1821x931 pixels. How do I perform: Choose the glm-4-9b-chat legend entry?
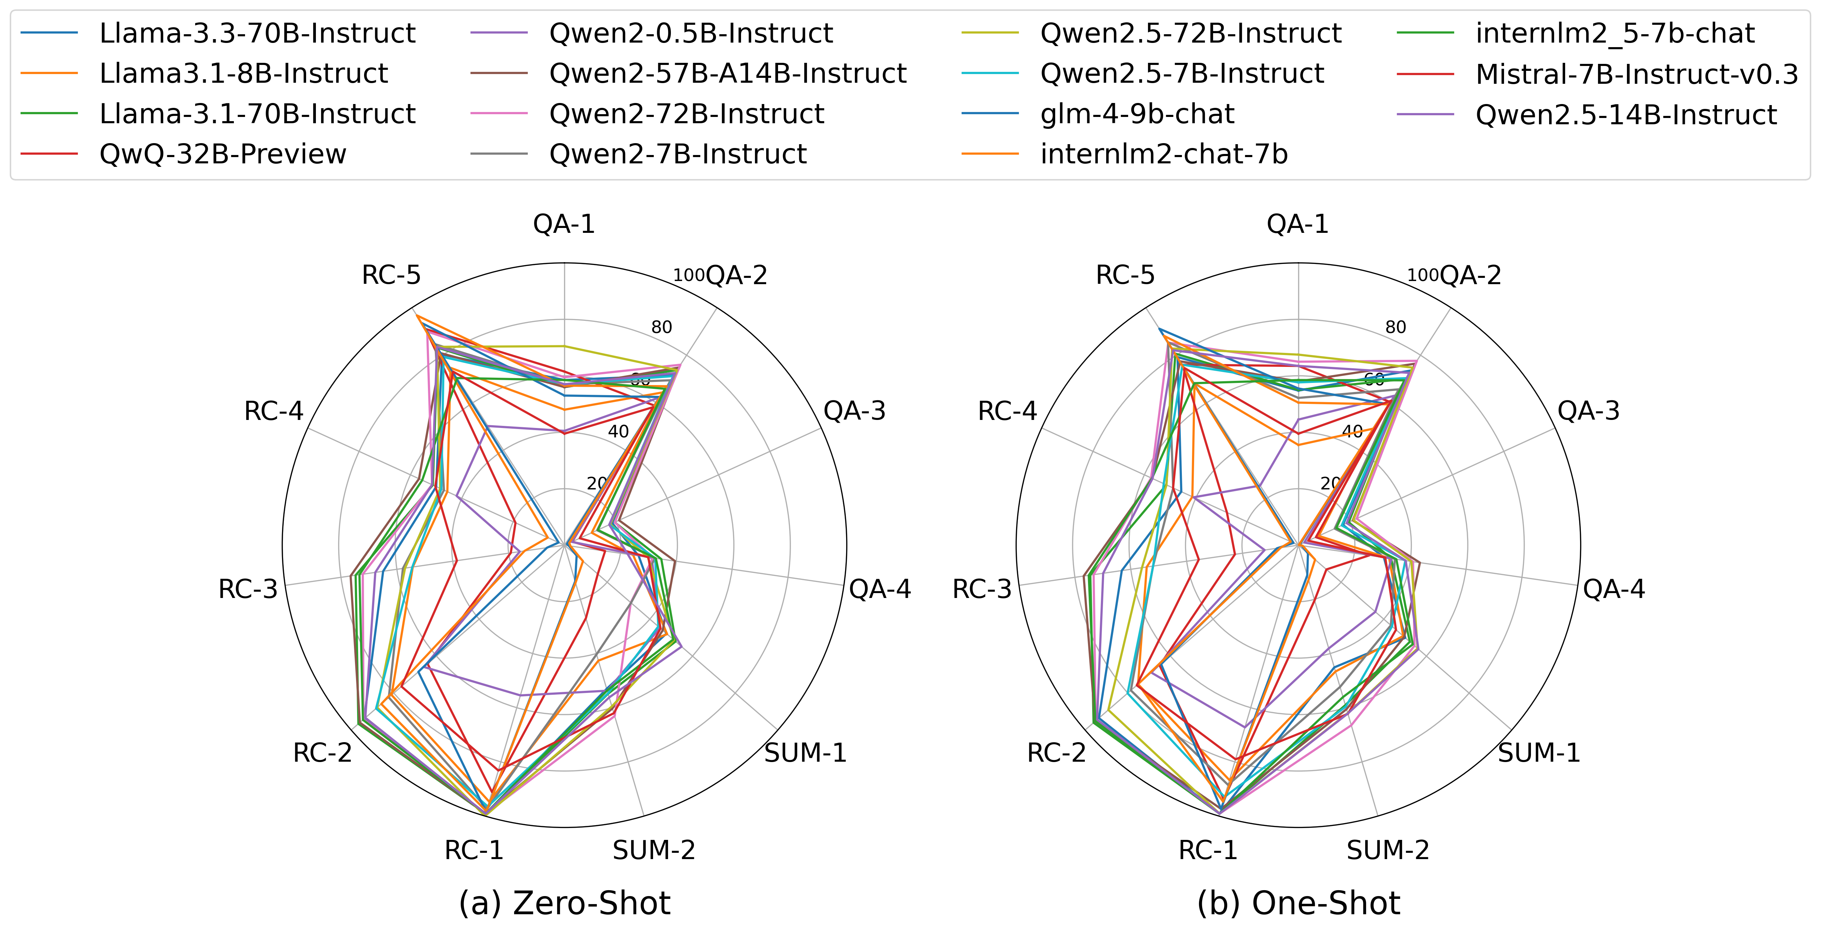pos(1137,114)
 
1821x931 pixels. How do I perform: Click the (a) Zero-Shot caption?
pos(564,903)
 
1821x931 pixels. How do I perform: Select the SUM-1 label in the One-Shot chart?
pos(1539,753)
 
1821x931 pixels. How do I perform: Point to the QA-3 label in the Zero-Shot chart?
pos(854,411)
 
